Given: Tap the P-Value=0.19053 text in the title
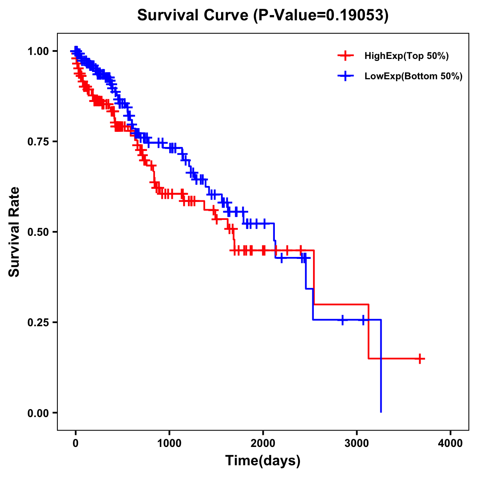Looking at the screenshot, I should click(322, 16).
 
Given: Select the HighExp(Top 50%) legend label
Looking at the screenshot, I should click(407, 56).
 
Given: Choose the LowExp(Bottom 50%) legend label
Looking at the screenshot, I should click(413, 76).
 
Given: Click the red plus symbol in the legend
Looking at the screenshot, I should click(345, 56).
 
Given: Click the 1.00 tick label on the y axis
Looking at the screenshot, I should click(38, 51).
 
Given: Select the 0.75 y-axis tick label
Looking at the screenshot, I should click(38, 141).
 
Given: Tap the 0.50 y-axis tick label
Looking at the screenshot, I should click(38, 232).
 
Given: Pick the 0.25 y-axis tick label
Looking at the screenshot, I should click(38, 322).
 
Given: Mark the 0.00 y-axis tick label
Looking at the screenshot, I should click(38, 413).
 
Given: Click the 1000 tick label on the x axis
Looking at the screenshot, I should click(169, 443).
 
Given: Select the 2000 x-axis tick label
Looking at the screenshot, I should click(263, 443).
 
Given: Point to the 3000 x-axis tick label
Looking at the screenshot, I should click(357, 443).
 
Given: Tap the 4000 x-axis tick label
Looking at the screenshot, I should click(451, 443).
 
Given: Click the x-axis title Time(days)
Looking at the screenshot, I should click(263, 461).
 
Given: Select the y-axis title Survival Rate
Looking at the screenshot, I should click(14, 232).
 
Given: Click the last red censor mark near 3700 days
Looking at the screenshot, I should click(419, 358).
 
